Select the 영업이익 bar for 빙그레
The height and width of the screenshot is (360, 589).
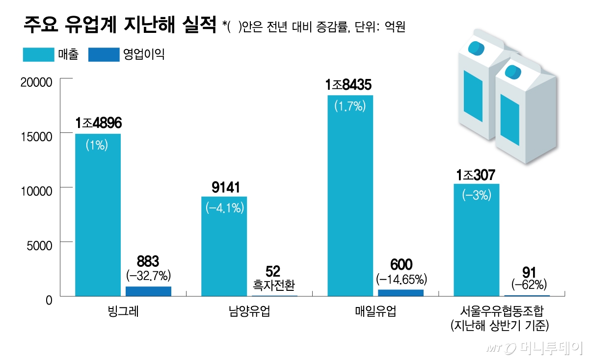148,291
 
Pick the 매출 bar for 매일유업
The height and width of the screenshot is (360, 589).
350,196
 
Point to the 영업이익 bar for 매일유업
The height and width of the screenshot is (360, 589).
401,293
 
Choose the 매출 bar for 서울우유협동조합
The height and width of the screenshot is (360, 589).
476,240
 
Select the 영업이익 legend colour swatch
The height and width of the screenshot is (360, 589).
104,54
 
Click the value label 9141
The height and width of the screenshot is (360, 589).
224,187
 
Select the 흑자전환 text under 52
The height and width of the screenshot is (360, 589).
275,284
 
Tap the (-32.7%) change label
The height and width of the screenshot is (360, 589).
148,274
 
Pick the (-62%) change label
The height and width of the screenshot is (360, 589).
529,284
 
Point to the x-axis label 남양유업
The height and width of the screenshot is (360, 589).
249,311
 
